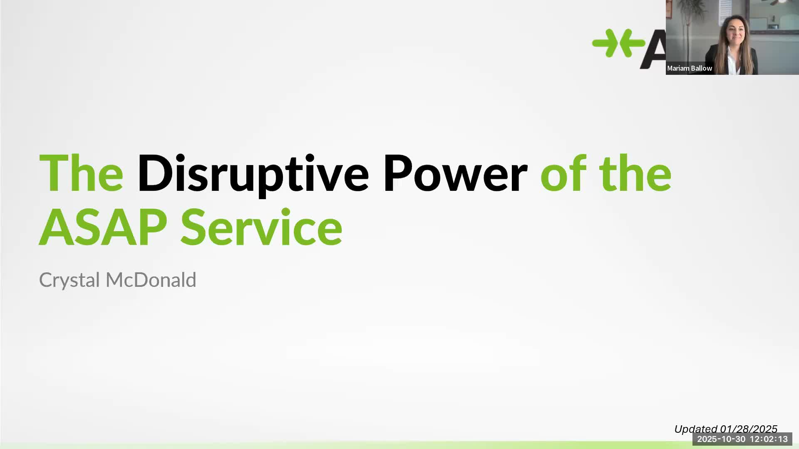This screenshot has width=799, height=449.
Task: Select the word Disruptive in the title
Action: point(253,175)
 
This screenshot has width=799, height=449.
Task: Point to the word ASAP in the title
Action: point(103,227)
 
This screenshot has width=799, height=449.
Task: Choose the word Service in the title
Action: point(261,227)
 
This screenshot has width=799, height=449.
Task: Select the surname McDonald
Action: point(151,280)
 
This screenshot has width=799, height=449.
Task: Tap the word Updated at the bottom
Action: point(695,429)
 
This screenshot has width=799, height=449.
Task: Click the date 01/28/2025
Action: point(749,429)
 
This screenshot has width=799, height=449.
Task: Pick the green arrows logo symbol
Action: point(618,43)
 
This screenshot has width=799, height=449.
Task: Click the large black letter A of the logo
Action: point(653,49)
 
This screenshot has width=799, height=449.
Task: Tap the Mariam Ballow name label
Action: point(689,68)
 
